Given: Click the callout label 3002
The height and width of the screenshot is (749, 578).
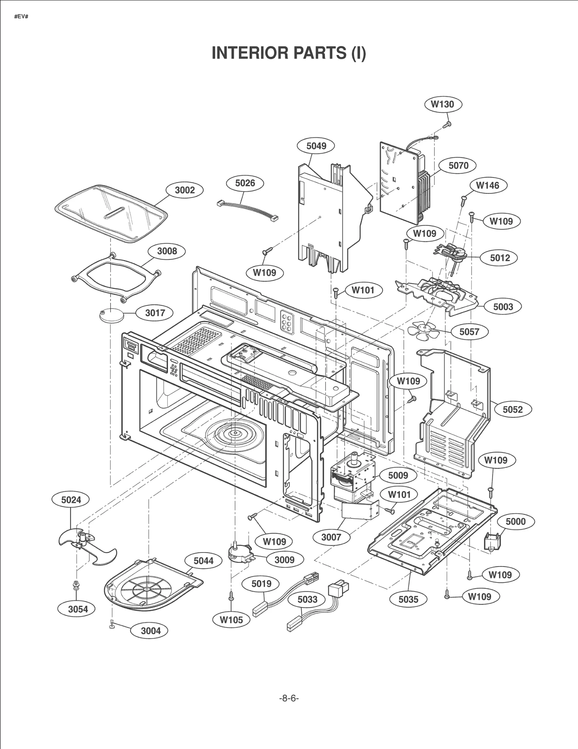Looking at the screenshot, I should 185,190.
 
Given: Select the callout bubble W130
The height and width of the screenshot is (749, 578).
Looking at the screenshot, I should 443,104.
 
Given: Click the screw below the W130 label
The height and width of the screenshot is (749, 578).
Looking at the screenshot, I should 447,124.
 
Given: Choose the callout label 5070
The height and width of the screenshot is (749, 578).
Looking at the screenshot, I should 458,165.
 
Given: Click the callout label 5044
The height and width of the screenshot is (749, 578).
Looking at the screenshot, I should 203,561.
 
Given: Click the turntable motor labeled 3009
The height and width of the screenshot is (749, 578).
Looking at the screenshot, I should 241,553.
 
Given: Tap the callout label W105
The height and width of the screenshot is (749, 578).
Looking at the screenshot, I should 231,620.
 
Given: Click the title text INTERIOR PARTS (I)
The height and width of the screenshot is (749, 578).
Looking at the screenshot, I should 289,53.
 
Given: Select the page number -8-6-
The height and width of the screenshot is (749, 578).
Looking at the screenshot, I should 289,698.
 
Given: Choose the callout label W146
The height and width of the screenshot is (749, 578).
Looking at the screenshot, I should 488,185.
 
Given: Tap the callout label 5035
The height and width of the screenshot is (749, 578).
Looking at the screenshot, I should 408,599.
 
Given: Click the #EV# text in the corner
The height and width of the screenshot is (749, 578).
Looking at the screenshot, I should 21,17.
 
